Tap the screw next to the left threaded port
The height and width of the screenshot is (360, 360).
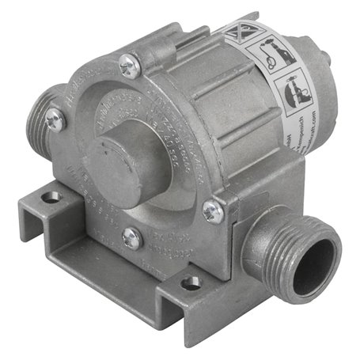(x=55, y=119)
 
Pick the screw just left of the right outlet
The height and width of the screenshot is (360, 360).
(x=212, y=210)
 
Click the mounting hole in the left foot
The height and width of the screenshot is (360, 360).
(x=51, y=195)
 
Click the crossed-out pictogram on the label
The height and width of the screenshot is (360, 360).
(x=239, y=34)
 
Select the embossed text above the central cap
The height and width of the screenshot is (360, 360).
(x=150, y=119)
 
